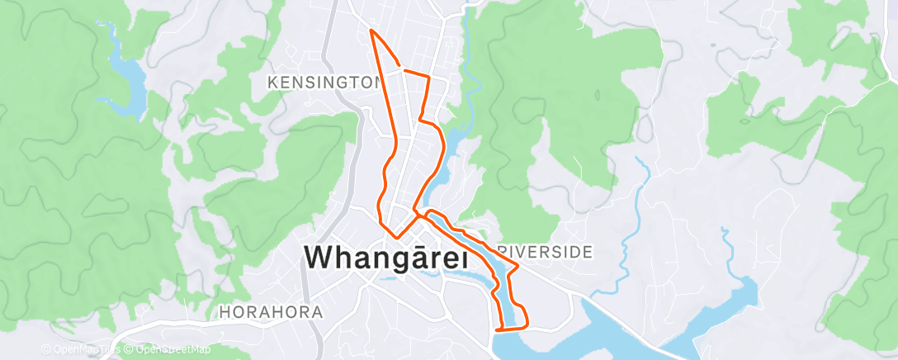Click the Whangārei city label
click(387, 258)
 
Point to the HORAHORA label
click(271, 313)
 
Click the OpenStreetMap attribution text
click(167, 350)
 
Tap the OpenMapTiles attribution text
click(79, 350)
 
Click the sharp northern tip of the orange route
click(371, 30)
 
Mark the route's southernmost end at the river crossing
click(497, 330)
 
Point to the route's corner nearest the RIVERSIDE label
click(518, 266)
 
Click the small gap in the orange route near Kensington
click(402, 69)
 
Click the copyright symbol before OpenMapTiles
click(45, 350)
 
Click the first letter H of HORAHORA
click(224, 313)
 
